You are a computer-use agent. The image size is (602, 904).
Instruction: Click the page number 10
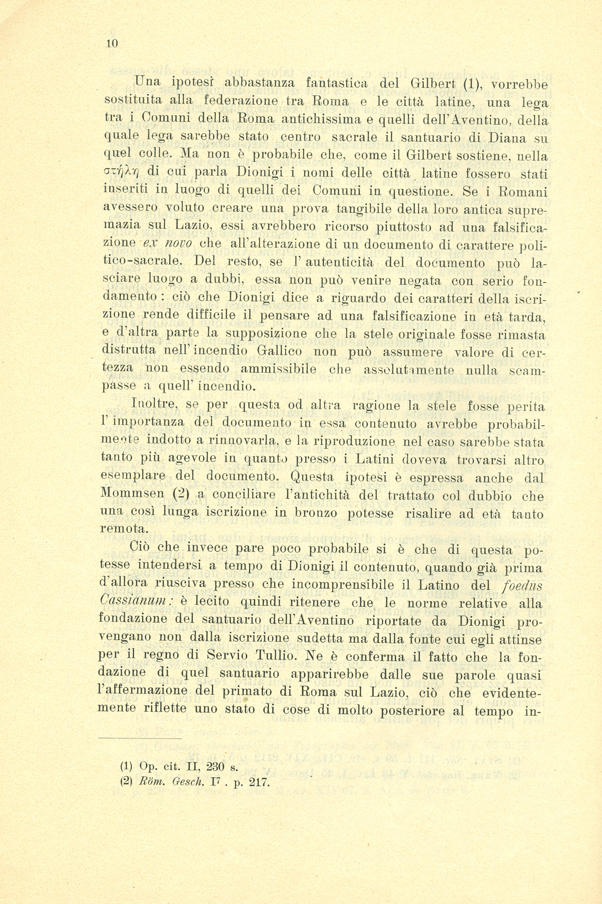point(111,43)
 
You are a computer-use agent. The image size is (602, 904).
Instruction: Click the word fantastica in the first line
point(337,83)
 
